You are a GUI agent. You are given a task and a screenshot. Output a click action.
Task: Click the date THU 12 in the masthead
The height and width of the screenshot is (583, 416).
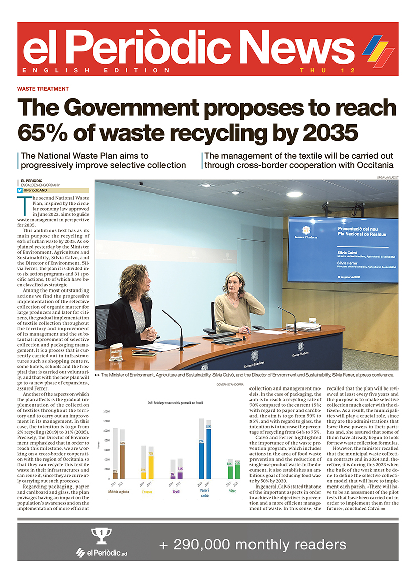coord(326,70)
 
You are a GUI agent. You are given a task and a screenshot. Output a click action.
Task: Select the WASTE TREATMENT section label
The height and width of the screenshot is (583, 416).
coord(43,89)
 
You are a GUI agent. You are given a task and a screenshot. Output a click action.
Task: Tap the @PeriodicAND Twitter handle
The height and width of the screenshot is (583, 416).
coord(37,190)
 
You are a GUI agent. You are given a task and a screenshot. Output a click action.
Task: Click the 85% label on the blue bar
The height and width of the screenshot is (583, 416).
coord(208,427)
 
